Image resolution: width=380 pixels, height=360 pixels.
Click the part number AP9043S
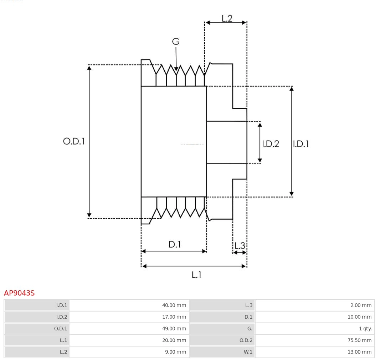tap(19, 293)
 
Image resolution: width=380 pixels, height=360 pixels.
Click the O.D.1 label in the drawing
tap(74, 141)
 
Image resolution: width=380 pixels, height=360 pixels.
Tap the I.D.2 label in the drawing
tap(271, 144)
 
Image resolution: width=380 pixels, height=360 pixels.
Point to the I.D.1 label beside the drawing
tap(301, 144)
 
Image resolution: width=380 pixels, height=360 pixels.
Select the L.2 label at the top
tap(227, 18)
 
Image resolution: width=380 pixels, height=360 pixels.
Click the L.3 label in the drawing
tap(240, 245)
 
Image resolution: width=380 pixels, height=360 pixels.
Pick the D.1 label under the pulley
tap(175, 245)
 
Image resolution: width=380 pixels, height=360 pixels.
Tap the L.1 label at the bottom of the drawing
tap(197, 275)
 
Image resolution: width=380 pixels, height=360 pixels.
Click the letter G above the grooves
tap(176, 42)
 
